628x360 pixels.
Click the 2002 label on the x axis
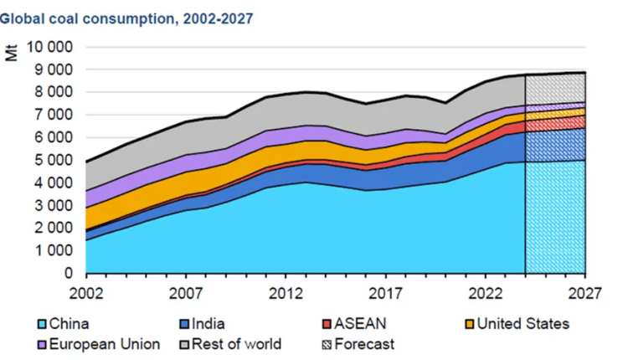(86, 295)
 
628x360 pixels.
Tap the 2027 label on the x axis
(584, 295)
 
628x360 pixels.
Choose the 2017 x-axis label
(384, 295)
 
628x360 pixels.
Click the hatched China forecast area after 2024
(554, 218)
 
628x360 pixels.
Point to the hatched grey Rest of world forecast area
(554, 89)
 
